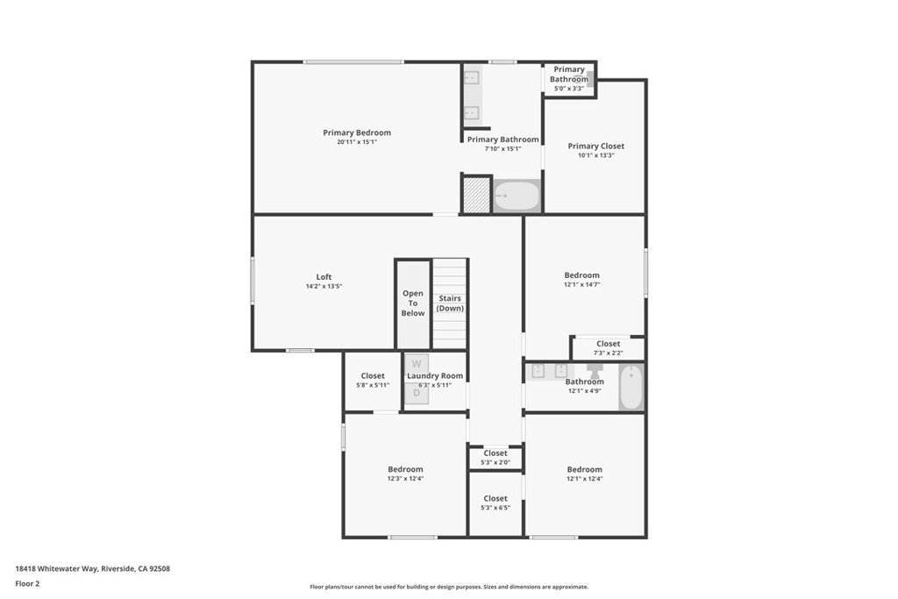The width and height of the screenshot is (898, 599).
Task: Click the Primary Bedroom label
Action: (357, 133)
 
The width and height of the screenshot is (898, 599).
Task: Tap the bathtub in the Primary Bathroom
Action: (517, 196)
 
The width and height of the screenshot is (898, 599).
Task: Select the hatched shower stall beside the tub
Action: (476, 195)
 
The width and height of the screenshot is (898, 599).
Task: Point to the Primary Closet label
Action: (595, 146)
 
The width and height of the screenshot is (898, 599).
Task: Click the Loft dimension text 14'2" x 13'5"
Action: (324, 287)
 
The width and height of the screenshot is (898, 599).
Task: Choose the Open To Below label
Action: (413, 303)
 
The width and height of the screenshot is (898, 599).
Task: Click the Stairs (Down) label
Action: (451, 303)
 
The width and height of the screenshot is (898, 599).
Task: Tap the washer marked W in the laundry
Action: (417, 363)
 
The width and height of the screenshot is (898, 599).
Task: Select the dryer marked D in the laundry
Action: (417, 393)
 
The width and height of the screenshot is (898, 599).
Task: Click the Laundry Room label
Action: (435, 376)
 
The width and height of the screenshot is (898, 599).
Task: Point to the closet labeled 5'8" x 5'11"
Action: (373, 381)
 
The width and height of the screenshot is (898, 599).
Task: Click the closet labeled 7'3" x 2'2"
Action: (608, 348)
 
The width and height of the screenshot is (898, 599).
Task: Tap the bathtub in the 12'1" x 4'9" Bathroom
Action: (631, 387)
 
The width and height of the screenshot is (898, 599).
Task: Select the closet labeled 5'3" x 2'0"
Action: (495, 458)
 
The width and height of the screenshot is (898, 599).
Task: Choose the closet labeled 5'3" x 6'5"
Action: (495, 503)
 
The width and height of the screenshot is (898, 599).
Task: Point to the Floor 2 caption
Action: (27, 583)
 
